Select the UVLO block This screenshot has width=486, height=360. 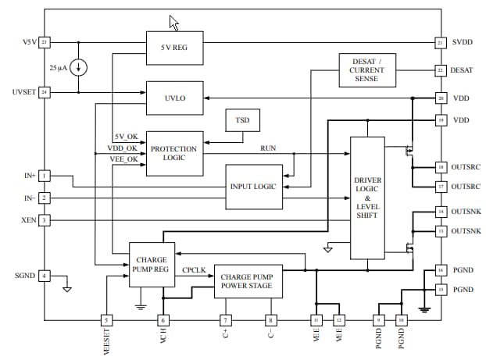[x=174, y=98]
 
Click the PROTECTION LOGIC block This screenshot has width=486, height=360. [x=174, y=153]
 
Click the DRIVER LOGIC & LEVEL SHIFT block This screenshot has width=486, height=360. [x=367, y=198]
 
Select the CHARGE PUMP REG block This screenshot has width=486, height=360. [x=152, y=264]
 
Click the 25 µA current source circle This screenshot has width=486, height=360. [x=79, y=68]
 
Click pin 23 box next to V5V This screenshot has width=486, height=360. [x=45, y=41]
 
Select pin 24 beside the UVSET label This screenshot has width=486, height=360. [x=45, y=92]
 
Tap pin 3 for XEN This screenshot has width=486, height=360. [x=45, y=220]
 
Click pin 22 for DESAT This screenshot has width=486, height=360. [x=441, y=70]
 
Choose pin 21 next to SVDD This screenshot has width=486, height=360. [x=441, y=41]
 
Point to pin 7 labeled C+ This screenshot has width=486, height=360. [x=225, y=320]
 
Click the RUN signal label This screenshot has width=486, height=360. [x=268, y=147]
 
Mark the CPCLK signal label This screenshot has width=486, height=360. [x=195, y=270]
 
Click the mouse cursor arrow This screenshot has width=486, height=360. [x=173, y=23]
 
